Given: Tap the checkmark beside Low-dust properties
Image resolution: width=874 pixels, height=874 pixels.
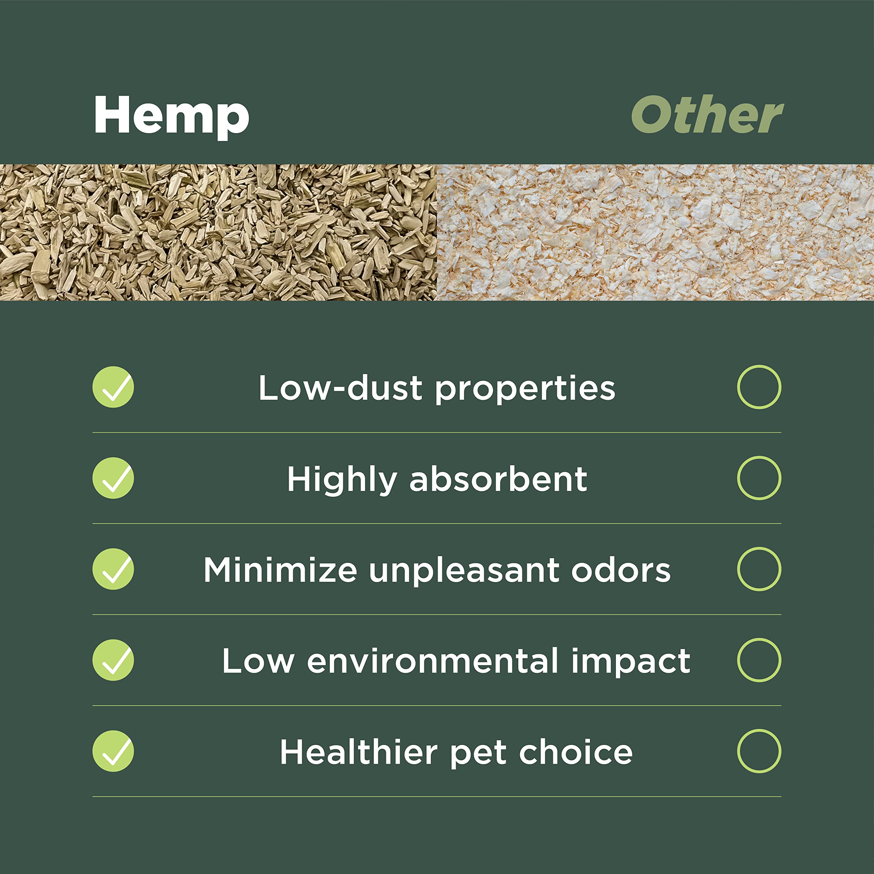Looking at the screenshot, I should coord(113,387).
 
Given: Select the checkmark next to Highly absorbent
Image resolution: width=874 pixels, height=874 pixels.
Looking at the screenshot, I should coord(113,478).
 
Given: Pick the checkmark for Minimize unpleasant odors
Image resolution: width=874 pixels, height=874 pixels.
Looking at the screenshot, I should coord(113,569).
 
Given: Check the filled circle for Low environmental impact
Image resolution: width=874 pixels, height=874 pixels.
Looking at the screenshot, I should coord(113,660).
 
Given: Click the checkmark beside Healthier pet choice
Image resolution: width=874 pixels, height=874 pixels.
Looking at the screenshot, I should coord(113,751).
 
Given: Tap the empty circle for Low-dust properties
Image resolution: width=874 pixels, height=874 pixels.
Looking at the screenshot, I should coord(759,387).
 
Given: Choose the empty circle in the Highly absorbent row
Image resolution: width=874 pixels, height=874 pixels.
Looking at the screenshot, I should coord(759,478).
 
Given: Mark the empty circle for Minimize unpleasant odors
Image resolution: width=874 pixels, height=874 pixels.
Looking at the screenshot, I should coord(759,569).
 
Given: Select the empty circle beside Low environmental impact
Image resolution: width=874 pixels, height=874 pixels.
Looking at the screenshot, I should coord(759,660).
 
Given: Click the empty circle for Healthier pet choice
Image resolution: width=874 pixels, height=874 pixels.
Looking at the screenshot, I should coord(759,751).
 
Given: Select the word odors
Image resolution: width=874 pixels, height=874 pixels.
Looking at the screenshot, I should coord(621,570).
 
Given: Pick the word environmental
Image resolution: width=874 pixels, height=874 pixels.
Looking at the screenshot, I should coord(433,661).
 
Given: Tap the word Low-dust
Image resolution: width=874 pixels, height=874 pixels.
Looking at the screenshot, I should coord(340,388).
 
